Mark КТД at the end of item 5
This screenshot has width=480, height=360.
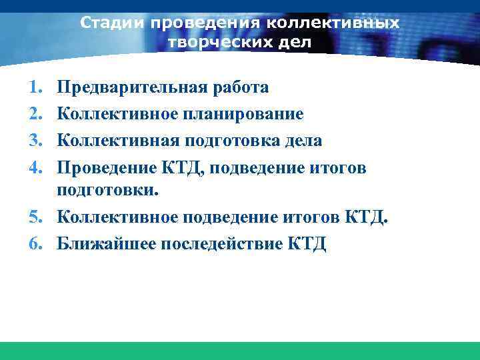pos(363,217)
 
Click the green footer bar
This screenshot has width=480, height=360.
pos(240,351)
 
